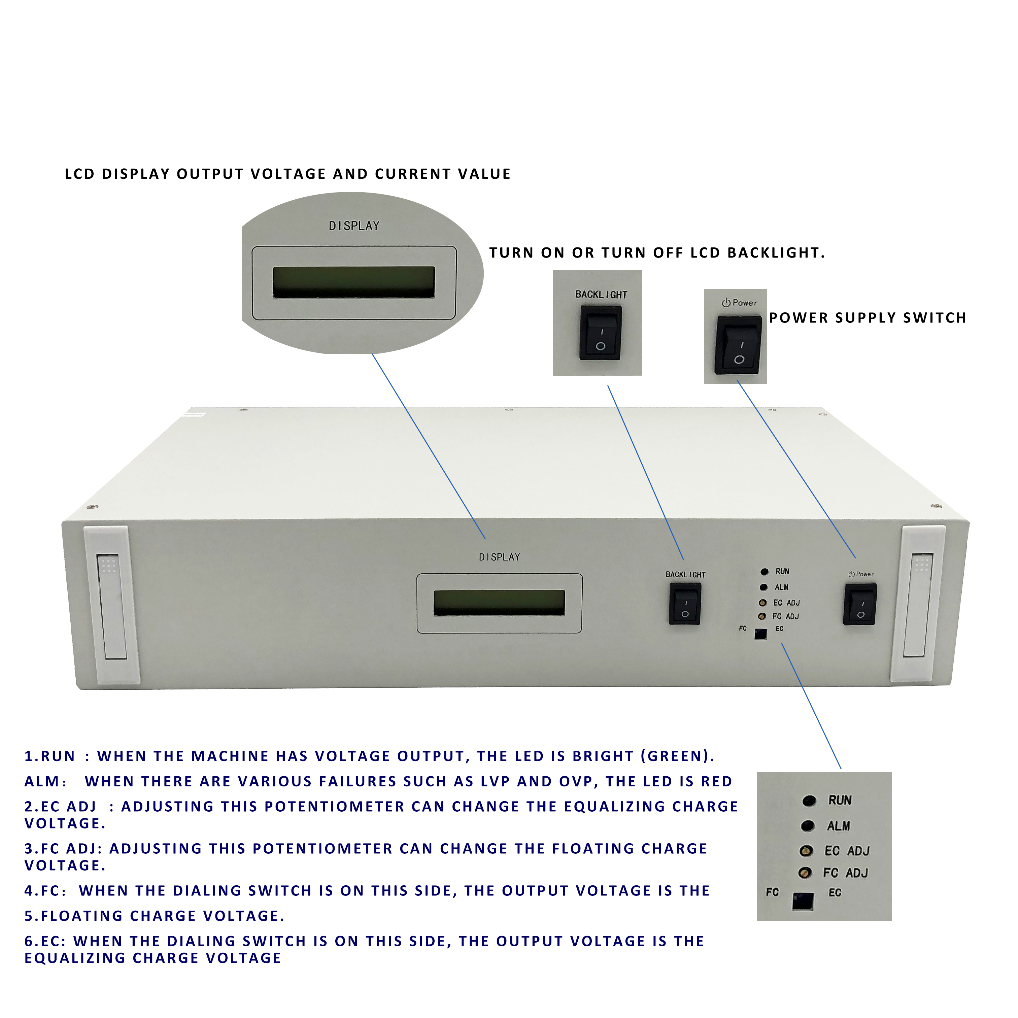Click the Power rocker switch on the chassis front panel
click(x=860, y=604)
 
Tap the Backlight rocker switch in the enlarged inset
click(x=600, y=333)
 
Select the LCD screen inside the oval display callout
click(x=353, y=282)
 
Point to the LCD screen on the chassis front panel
click(x=499, y=603)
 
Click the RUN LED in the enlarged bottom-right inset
click(x=809, y=801)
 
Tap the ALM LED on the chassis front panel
click(x=763, y=587)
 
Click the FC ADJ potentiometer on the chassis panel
click(x=762, y=616)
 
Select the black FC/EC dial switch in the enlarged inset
click(x=803, y=902)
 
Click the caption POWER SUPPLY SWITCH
click(x=867, y=318)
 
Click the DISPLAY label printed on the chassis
click(x=499, y=557)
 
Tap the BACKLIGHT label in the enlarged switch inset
click(x=601, y=295)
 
